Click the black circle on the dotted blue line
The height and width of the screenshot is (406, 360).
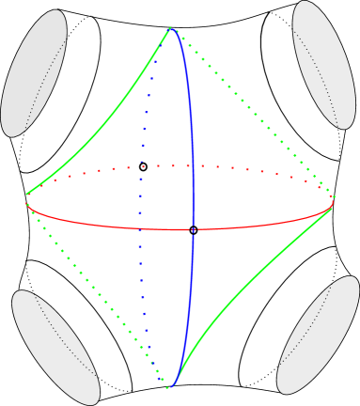tap(144, 167)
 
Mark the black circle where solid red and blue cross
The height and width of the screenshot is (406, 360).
tap(194, 230)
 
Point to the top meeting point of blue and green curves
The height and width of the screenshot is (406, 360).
tap(170, 29)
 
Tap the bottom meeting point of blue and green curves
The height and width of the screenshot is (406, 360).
tap(169, 384)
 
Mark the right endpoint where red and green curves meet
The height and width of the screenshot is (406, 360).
tap(333, 208)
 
